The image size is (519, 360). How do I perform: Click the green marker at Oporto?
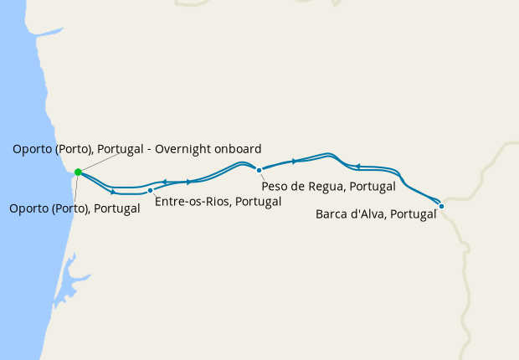click(x=78, y=172)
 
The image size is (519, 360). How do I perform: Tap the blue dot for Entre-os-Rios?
click(x=150, y=191)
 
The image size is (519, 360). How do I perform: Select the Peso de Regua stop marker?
click(x=259, y=170)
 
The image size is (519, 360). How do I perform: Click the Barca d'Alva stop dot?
click(x=441, y=205)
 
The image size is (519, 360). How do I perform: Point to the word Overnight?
click(x=192, y=149)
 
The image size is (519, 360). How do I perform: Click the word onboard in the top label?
click(x=240, y=149)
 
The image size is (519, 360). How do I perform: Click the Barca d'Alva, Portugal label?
click(x=376, y=214)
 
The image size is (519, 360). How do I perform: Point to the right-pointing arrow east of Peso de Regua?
click(x=294, y=161)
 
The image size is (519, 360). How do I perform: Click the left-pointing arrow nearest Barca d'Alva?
click(x=357, y=166)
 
